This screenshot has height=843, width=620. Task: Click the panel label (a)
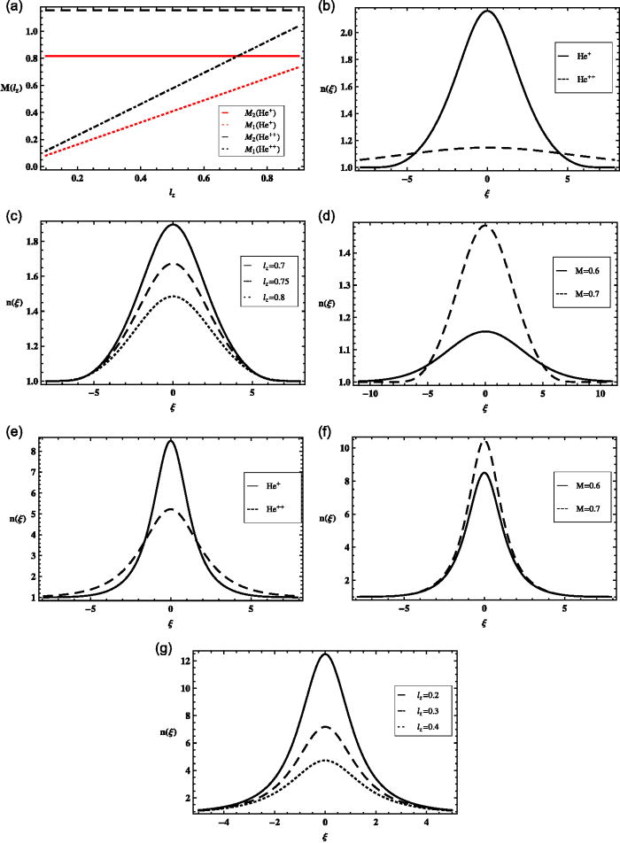click(x=12, y=8)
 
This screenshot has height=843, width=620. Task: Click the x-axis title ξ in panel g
click(x=326, y=835)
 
